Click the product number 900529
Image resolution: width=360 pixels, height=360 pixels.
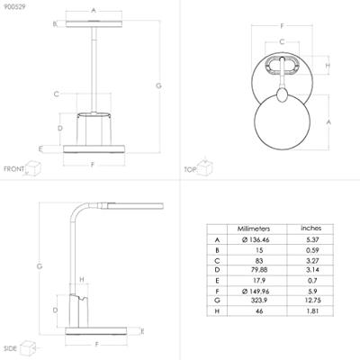15,7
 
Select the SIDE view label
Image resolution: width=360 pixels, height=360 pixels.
11,346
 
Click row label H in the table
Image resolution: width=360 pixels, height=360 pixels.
217,311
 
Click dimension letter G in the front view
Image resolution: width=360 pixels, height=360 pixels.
158,85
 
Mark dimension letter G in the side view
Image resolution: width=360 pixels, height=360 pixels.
39,266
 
